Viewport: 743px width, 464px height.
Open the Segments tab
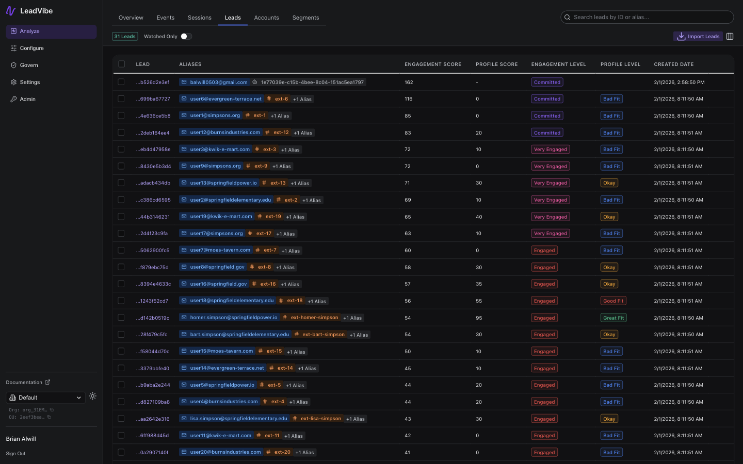(305, 18)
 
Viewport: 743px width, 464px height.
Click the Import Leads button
(698, 37)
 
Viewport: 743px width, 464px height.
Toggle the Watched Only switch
(186, 37)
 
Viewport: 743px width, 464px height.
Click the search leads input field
(650, 17)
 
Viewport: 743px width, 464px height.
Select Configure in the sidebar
(31, 48)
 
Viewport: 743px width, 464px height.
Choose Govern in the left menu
(29, 65)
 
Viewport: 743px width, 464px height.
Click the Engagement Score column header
(432, 64)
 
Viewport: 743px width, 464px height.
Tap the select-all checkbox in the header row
(121, 64)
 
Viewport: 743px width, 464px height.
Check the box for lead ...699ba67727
(121, 98)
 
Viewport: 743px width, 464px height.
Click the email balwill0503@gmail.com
(218, 82)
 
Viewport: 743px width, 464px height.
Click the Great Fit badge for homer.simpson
(613, 318)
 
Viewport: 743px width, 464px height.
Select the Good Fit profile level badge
(613, 301)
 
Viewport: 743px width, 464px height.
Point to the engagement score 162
(409, 82)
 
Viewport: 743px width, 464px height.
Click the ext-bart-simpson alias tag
(323, 335)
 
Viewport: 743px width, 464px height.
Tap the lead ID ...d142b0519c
(153, 318)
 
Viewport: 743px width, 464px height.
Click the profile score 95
(479, 318)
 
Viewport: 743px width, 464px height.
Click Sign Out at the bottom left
(15, 454)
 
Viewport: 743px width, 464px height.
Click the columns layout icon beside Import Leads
(730, 37)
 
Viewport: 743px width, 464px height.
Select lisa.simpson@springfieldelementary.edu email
(238, 419)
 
